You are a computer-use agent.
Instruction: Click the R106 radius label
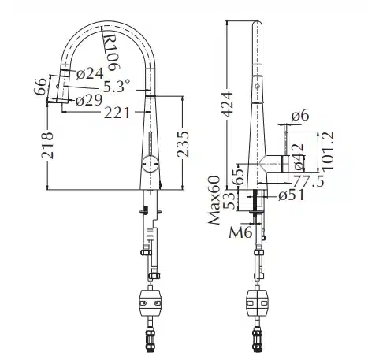pyautogui.click(x=111, y=53)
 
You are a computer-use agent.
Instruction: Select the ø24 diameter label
pyautogui.click(x=90, y=74)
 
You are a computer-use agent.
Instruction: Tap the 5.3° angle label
pyautogui.click(x=117, y=86)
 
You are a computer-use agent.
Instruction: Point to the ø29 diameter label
pyautogui.click(x=88, y=100)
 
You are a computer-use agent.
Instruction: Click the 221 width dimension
pyautogui.click(x=117, y=113)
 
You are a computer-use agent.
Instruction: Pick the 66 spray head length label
pyautogui.click(x=41, y=87)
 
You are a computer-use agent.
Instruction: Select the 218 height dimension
pyautogui.click(x=47, y=145)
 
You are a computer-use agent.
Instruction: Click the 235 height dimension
pyautogui.click(x=183, y=144)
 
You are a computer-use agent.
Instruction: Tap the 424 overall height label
pyautogui.click(x=227, y=104)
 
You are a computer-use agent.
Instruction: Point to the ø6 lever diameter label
pyautogui.click(x=300, y=115)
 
